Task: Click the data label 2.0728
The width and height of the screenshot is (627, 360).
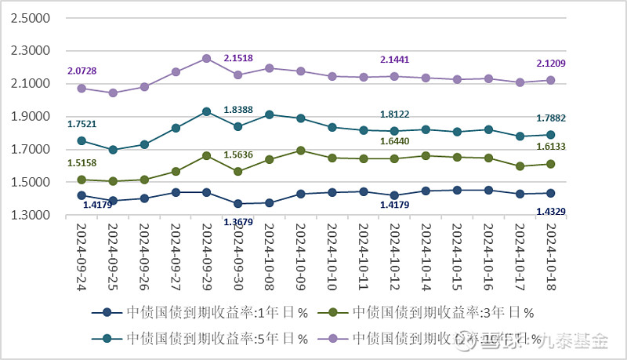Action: [x=82, y=71]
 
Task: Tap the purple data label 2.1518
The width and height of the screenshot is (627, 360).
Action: [x=238, y=58]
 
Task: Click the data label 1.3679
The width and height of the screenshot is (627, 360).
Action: [x=238, y=223]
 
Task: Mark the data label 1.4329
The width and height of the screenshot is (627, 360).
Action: [x=551, y=211]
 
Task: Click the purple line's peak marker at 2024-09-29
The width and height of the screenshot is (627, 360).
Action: [x=207, y=58]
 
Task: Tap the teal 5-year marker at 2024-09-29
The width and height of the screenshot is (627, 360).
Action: [x=207, y=111]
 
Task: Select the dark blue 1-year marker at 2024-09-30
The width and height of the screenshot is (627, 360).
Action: [x=237, y=204]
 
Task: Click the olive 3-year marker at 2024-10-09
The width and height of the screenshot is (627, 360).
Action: [x=300, y=151]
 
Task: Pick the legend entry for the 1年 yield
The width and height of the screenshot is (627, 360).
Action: [x=198, y=313]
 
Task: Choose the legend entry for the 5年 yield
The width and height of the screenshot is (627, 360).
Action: [x=198, y=338]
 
